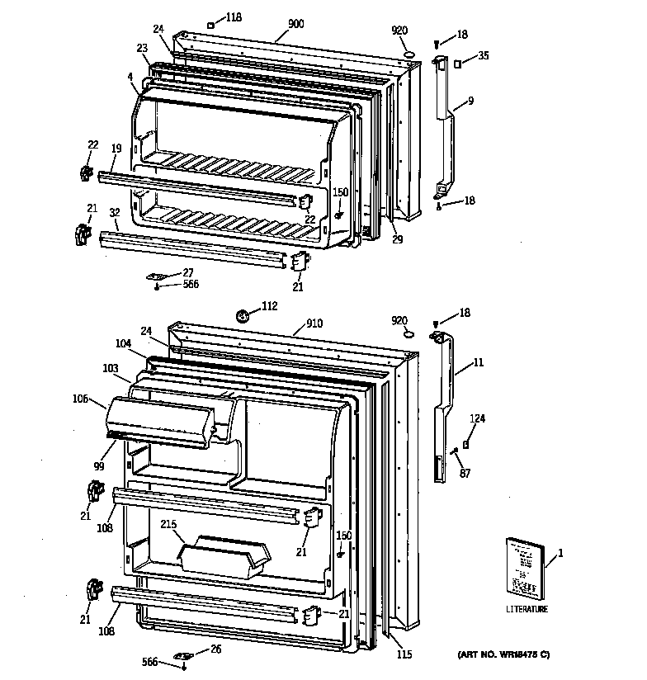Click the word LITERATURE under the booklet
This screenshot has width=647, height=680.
(x=526, y=609)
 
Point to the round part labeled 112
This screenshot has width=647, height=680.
(x=243, y=314)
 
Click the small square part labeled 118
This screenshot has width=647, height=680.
(x=210, y=25)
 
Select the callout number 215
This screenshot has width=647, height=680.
(x=168, y=524)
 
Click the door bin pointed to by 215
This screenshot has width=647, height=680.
(x=225, y=555)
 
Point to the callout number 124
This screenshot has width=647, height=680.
(x=478, y=418)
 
